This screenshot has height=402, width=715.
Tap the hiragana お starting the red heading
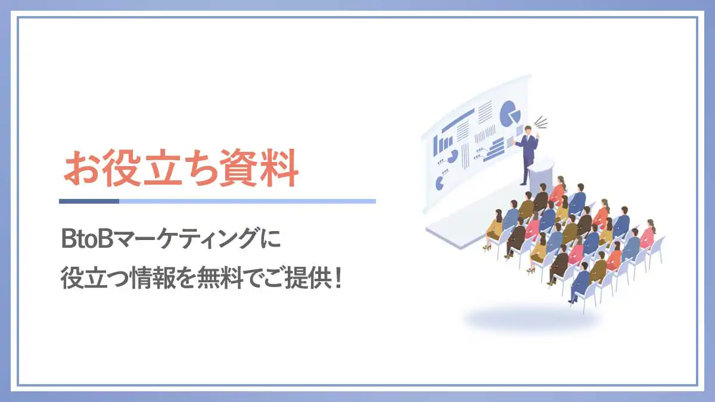click(82, 168)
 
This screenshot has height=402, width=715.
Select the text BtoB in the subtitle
click(87, 239)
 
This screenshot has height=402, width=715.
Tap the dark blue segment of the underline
click(89, 201)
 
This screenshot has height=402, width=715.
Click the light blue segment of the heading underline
click(247, 201)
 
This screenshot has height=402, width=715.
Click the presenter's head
click(529, 130)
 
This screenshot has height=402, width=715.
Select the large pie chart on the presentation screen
click(510, 114)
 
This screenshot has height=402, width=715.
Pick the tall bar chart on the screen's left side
click(442, 145)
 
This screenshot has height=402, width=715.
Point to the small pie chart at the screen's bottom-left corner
click(440, 184)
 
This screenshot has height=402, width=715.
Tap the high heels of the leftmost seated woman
click(486, 247)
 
